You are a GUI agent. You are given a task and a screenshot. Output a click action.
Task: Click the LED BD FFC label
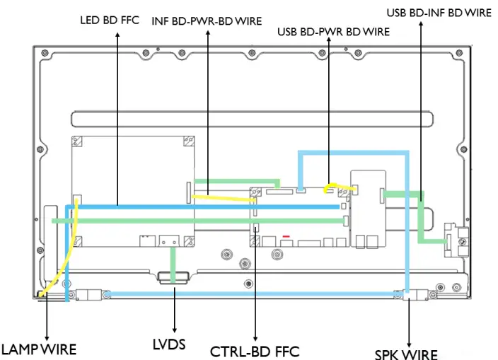pyautogui.click(x=110, y=21)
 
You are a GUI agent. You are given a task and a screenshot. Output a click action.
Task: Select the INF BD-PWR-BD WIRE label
pyautogui.click(x=207, y=21)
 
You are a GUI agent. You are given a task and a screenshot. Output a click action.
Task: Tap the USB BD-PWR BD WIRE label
pyautogui.click(x=333, y=32)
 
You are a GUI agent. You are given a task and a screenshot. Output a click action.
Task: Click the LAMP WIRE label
pyautogui.click(x=38, y=349)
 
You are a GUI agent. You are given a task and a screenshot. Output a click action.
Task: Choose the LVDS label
pyautogui.click(x=170, y=344)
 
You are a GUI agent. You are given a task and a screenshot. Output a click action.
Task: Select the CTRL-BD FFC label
pyautogui.click(x=255, y=351)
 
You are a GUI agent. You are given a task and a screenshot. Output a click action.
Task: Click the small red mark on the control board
pyautogui.click(x=286, y=238)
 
